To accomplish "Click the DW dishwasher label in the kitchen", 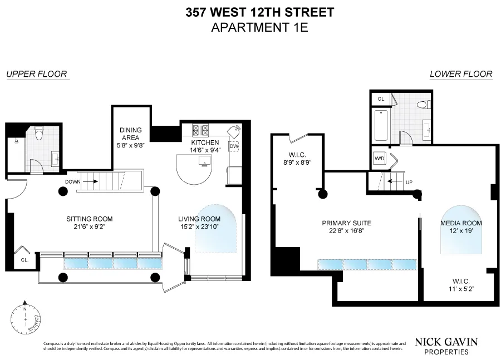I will click(234, 146).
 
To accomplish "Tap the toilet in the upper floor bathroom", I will click(38, 134).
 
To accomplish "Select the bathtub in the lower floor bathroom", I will click(382, 126).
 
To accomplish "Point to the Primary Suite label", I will click(346, 223).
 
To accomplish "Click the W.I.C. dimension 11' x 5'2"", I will click(460, 289).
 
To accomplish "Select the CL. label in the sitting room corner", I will click(25, 259).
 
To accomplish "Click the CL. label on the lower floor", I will click(381, 99).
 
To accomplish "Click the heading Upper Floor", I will click(36, 73).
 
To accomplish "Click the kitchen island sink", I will click(204, 162).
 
